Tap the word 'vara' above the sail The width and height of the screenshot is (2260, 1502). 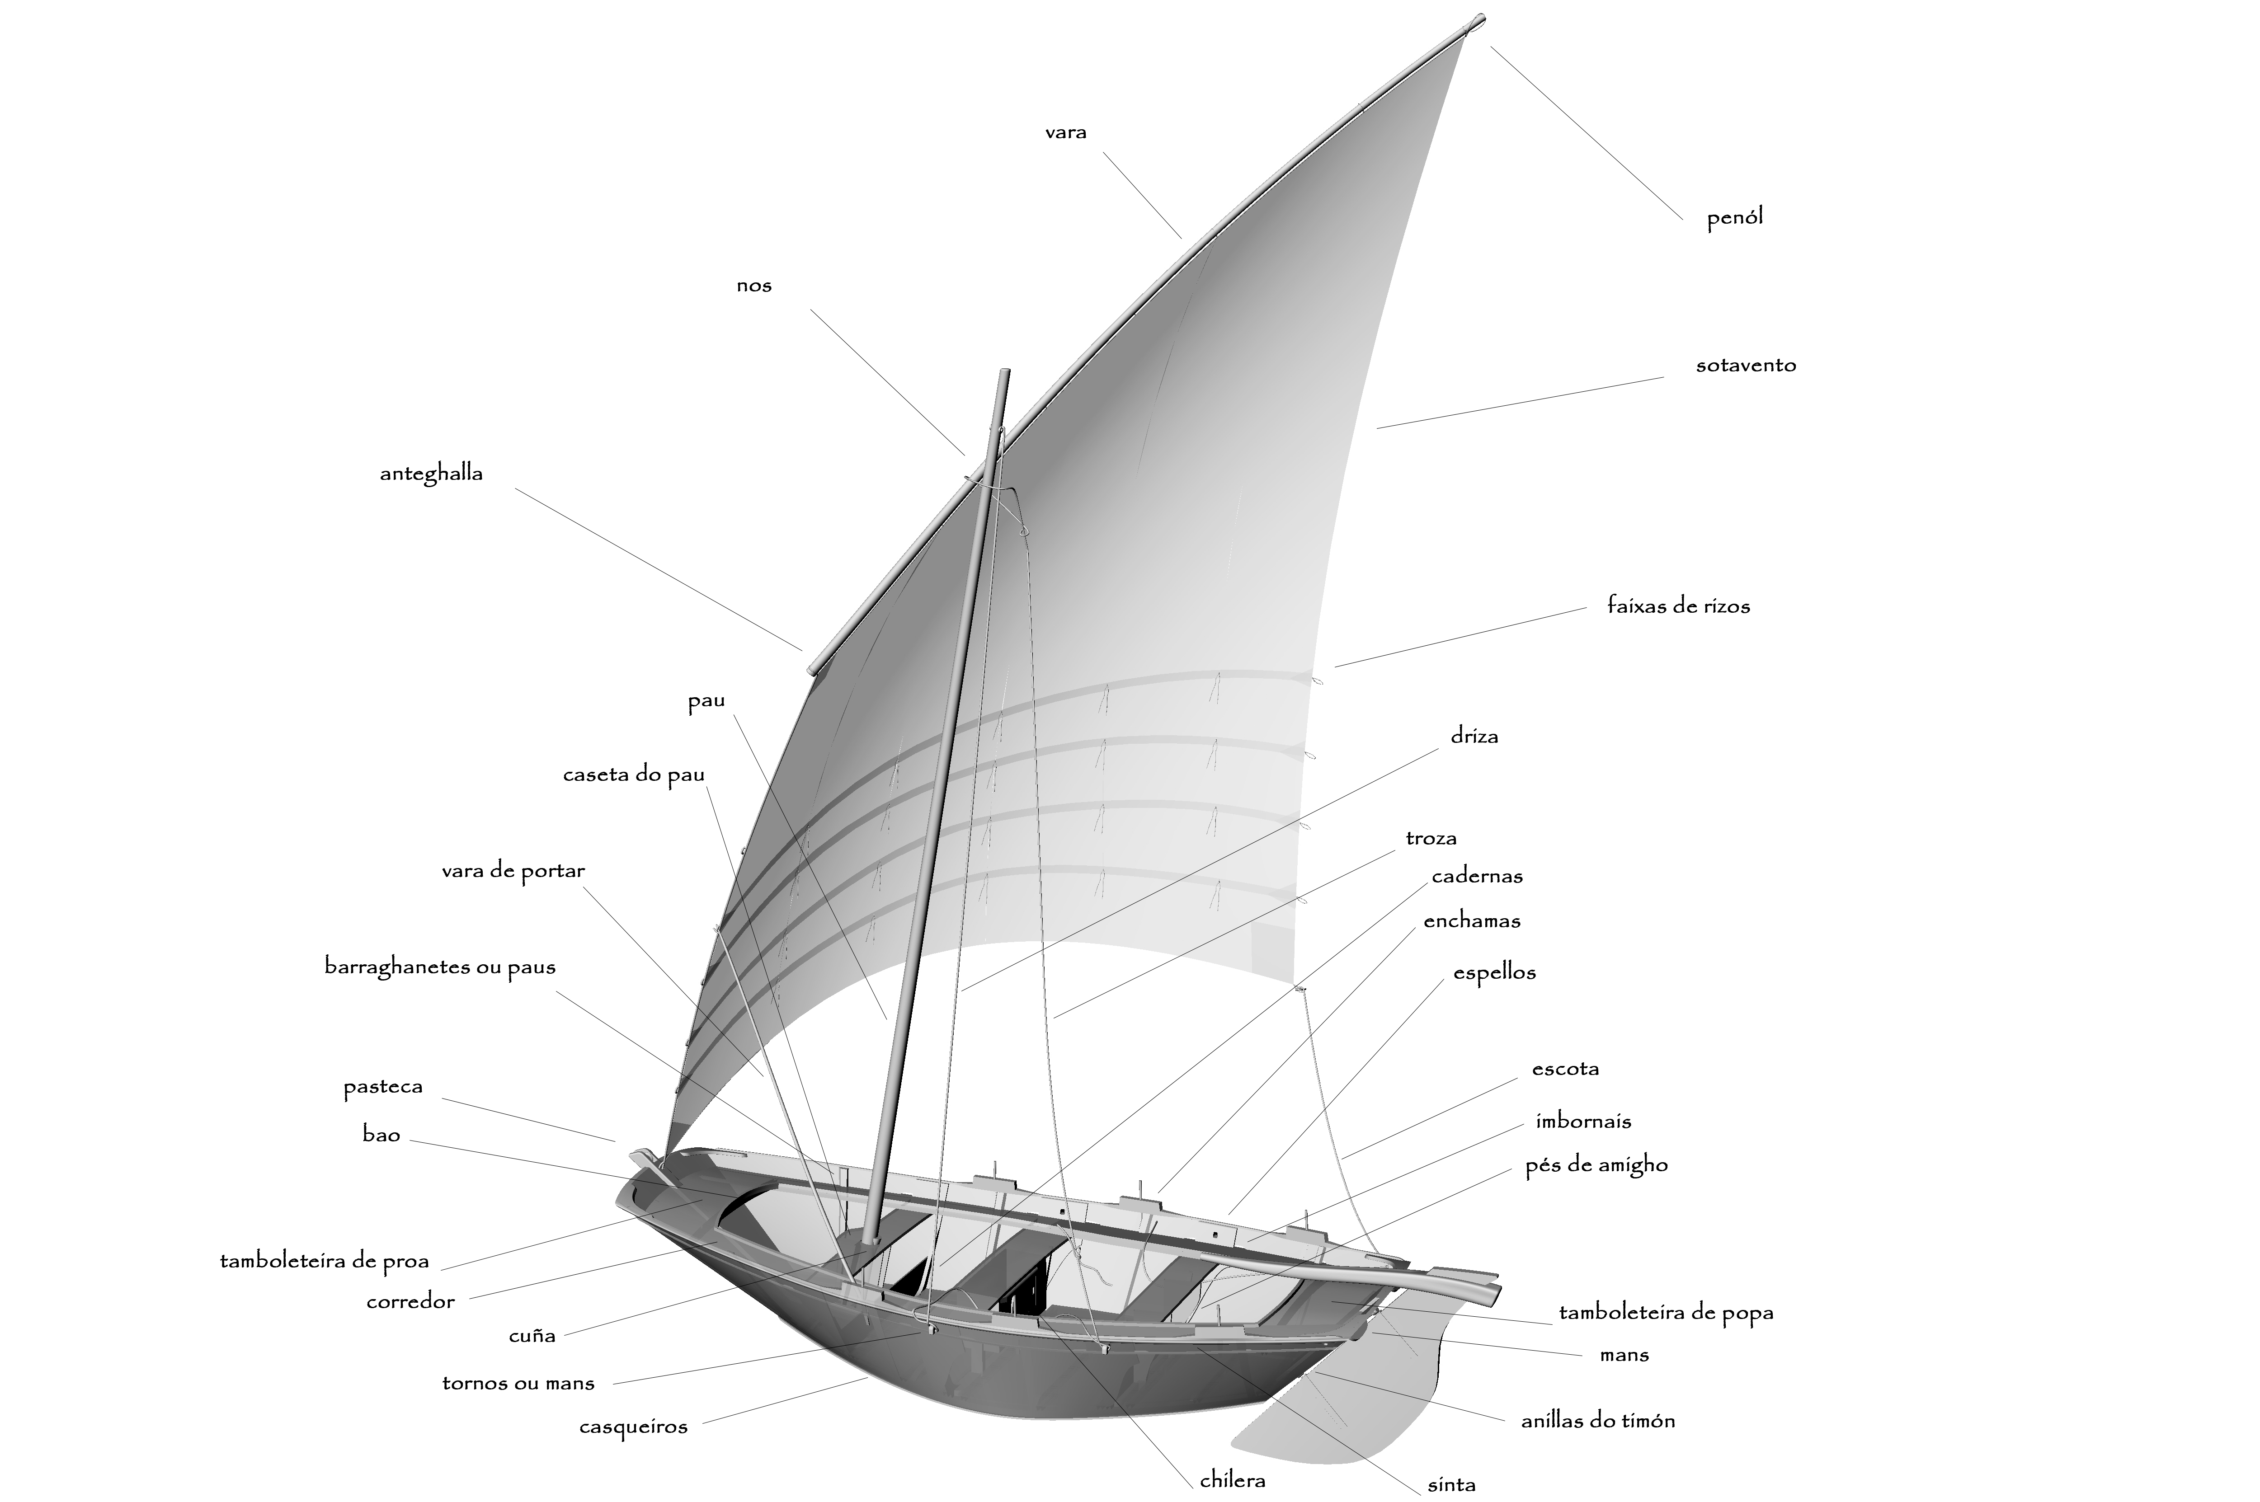pos(1065,132)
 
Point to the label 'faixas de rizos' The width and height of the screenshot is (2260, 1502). pos(1678,606)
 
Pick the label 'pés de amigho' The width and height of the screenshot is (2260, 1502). pos(1596,1166)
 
